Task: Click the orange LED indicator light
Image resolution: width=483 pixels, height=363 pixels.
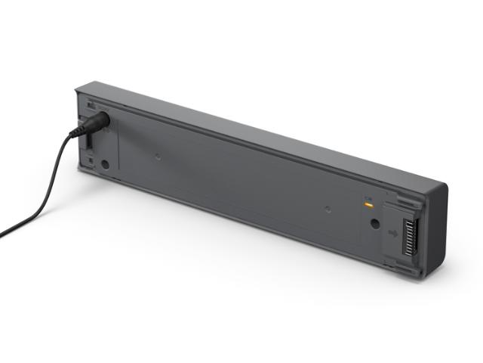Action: [x=368, y=203]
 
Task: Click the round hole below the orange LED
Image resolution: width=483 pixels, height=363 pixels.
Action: [x=373, y=224]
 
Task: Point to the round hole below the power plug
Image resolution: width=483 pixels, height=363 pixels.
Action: [x=105, y=163]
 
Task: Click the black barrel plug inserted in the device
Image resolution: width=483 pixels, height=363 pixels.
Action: [x=97, y=123]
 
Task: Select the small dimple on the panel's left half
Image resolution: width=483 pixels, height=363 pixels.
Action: [x=157, y=158]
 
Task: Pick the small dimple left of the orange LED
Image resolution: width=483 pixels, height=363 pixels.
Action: [x=328, y=209]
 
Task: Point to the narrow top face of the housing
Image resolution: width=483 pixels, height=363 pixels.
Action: [x=264, y=129]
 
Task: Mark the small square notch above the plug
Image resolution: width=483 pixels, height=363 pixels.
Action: [x=90, y=107]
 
